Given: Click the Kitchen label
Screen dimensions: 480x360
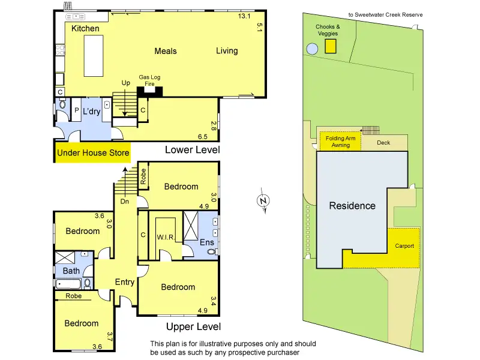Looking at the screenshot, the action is [85, 29].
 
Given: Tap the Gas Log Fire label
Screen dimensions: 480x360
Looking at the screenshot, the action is [149, 80].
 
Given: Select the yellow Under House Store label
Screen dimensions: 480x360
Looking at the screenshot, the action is [93, 153].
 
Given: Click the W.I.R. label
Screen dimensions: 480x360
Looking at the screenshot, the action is [165, 238].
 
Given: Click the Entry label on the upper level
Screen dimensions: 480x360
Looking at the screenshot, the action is [125, 282].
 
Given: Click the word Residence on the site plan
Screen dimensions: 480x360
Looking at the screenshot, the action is [352, 206].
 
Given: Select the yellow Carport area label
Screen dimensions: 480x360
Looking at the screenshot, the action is [404, 246].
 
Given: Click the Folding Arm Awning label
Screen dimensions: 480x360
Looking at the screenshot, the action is [341, 142].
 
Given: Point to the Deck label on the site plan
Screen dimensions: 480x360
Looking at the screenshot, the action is [383, 143].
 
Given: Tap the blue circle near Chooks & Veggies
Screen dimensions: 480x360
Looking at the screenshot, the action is [312, 48].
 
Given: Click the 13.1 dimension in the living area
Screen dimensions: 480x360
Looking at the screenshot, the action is [243, 16].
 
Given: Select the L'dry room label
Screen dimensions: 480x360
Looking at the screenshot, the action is [92, 112].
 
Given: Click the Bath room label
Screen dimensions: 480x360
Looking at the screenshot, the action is [71, 271].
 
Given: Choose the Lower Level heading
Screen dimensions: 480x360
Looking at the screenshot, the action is [192, 149].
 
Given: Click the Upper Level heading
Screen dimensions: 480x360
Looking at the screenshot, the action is [193, 326].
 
